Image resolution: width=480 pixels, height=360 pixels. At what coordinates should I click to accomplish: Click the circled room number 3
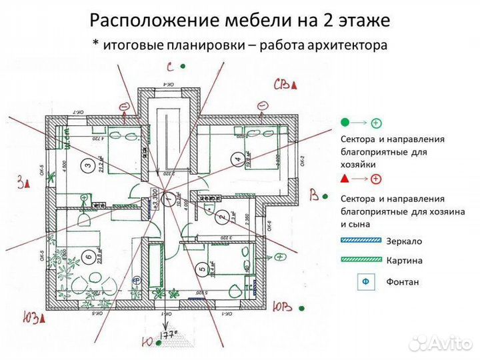pyautogui.click(x=87, y=165)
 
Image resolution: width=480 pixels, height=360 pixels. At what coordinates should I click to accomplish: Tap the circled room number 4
pyautogui.click(x=237, y=159)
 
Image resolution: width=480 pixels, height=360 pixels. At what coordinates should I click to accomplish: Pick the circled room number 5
pyautogui.click(x=201, y=270)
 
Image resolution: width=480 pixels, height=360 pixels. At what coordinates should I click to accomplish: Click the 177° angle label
pyautogui.click(x=167, y=334)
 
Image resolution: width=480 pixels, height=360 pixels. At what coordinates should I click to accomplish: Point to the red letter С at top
pyautogui.click(x=171, y=67)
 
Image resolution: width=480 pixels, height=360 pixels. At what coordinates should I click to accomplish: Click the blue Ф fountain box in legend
pyautogui.click(x=365, y=281)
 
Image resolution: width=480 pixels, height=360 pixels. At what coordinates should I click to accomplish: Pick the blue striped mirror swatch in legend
pyautogui.click(x=359, y=241)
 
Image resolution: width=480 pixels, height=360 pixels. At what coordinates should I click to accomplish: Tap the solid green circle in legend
pyautogui.click(x=345, y=123)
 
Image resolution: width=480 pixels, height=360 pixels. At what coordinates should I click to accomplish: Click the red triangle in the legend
pyautogui.click(x=345, y=179)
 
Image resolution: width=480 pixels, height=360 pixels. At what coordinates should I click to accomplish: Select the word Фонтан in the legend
pyautogui.click(x=403, y=281)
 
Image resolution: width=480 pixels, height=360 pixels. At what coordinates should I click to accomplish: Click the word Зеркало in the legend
pyautogui.click(x=404, y=241)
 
